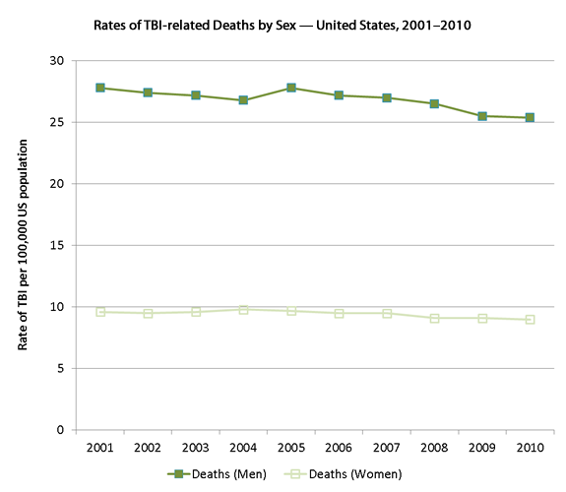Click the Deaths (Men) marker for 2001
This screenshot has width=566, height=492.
[100, 88]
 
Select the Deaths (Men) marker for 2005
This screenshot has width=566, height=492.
[291, 88]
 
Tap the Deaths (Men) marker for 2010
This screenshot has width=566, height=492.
[530, 117]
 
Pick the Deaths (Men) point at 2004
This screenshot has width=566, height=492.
[243, 100]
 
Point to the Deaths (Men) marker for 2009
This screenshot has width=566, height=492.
[482, 116]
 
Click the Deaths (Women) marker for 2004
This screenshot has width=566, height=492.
[243, 309]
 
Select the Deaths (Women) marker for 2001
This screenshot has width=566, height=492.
[100, 312]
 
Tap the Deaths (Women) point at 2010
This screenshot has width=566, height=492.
[530, 320]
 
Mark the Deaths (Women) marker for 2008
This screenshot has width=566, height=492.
[434, 318]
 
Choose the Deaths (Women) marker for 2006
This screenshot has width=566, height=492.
[339, 313]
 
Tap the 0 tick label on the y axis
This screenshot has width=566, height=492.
[60, 430]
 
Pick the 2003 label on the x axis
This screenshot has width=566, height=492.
[196, 447]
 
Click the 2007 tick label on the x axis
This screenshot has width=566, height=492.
[387, 447]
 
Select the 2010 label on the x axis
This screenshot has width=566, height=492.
[530, 447]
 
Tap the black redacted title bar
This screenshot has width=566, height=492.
[285, 25]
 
